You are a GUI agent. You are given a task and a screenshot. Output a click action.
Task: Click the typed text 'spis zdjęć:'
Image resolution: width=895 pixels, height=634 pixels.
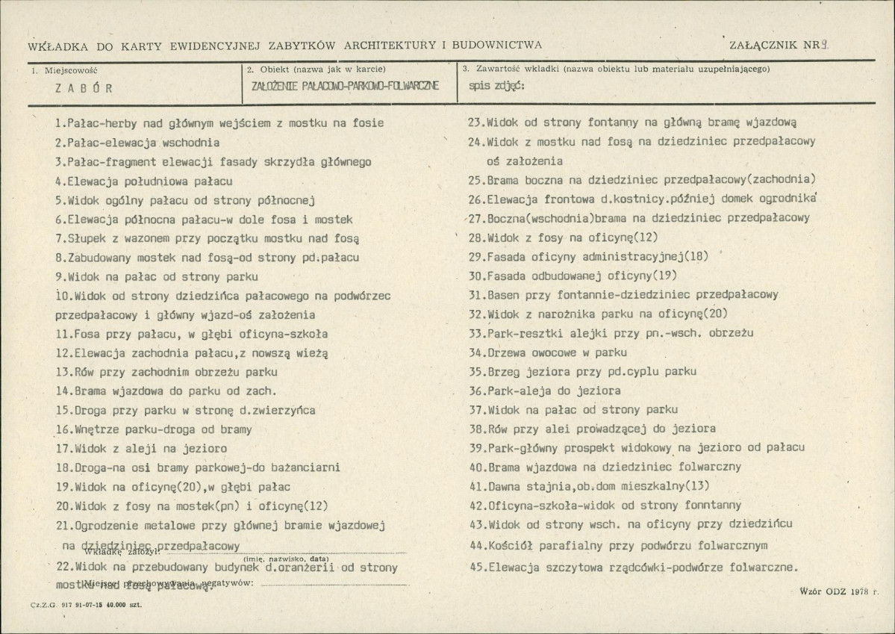(x=496, y=85)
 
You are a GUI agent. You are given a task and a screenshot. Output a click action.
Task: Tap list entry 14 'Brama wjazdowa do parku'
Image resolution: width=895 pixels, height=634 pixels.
(x=166, y=391)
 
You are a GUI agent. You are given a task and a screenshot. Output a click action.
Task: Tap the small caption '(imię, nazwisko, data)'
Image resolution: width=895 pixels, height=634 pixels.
(x=285, y=558)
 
